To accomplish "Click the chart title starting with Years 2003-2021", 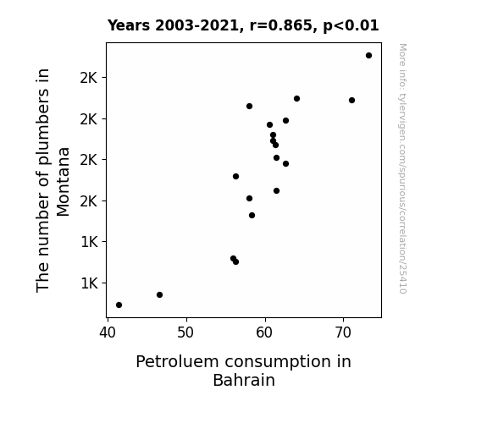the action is [243, 25].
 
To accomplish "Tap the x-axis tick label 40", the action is [108, 332].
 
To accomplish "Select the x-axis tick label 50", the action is [185, 332].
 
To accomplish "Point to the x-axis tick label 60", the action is [264, 332].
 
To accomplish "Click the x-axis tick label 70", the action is [343, 332].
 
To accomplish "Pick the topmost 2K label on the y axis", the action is [89, 78].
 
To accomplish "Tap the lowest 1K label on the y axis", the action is [89, 283].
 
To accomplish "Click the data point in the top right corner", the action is [368, 56].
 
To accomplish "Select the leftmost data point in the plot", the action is [119, 305].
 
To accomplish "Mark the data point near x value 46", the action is [159, 294].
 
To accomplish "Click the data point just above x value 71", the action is [351, 100].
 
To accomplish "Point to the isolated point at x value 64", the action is [297, 99].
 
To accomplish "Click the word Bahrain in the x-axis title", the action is [244, 380].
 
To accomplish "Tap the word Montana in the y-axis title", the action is [63, 182].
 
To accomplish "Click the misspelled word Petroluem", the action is [178, 362].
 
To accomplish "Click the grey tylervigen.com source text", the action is [402, 168].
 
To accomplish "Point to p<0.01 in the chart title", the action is [351, 26].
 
